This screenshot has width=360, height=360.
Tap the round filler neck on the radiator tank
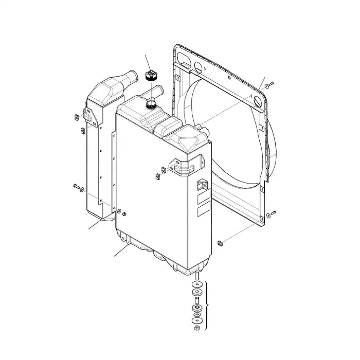click(151, 104)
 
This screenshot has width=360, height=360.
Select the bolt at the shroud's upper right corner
click(272, 82)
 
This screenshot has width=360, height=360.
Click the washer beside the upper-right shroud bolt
click(265, 85)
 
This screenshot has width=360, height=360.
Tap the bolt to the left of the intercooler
click(76, 185)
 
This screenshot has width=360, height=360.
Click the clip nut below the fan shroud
click(219, 242)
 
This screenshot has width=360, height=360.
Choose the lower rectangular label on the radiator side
click(203, 211)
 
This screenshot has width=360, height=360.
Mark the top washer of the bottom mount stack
click(197, 284)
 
